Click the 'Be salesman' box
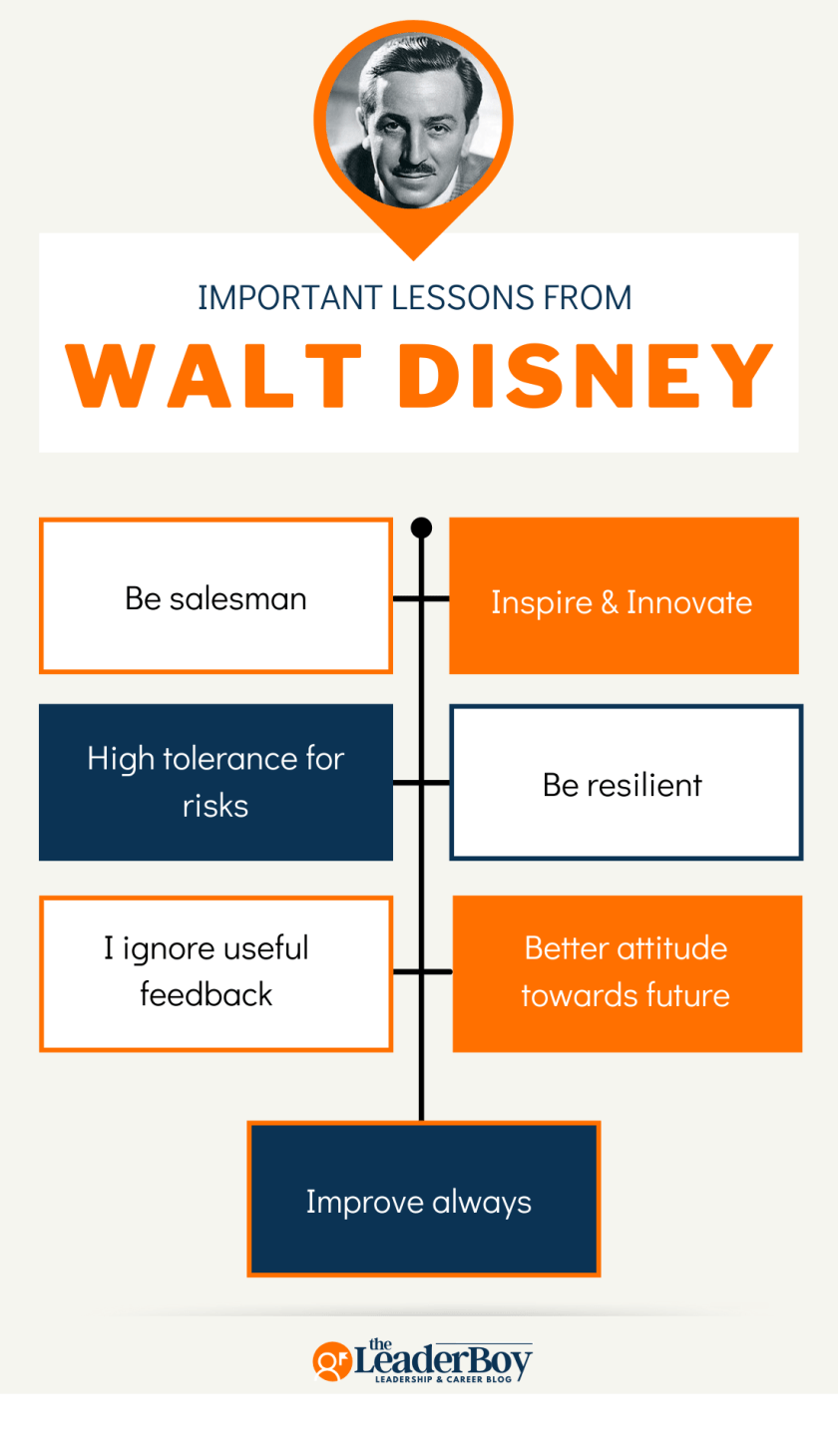(215, 596)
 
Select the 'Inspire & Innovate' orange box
(624, 596)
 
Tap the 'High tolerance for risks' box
(215, 782)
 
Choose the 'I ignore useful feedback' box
(215, 972)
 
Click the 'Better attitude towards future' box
(627, 972)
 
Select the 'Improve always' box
(423, 1200)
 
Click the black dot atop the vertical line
(421, 528)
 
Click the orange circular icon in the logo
(331, 1361)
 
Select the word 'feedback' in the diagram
(206, 994)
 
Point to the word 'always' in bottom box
(482, 1202)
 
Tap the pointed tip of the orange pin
(412, 257)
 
